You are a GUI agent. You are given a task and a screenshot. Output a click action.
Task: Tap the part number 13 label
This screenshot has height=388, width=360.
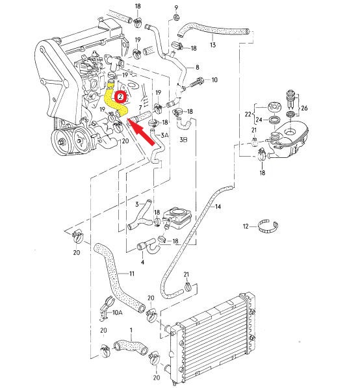pyautogui.click(x=212, y=45)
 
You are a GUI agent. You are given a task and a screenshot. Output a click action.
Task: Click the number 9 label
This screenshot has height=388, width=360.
pyautogui.click(x=176, y=8)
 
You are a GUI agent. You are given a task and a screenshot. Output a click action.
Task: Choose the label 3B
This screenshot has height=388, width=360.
pyautogui.click(x=183, y=140)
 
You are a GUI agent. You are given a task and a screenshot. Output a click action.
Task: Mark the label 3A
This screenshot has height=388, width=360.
pyautogui.click(x=164, y=135)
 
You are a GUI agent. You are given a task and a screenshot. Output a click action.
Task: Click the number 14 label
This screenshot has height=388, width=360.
pyautogui.click(x=218, y=207)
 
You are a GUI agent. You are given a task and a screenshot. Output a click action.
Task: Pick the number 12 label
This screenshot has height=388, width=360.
pyautogui.click(x=246, y=226)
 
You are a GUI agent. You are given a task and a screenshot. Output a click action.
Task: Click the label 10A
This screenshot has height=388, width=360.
pyautogui.click(x=117, y=313)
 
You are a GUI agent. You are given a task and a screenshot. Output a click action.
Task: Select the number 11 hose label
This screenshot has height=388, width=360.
pyautogui.click(x=132, y=274)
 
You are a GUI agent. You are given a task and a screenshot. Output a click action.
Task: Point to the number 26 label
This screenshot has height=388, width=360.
pyautogui.click(x=304, y=108)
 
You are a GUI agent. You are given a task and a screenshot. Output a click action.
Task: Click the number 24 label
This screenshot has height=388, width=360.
pyautogui.click(x=259, y=120)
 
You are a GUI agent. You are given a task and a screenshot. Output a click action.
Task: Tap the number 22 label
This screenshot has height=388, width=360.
pyautogui.click(x=248, y=114)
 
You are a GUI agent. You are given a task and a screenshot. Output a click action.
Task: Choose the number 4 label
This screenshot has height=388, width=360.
pyautogui.click(x=142, y=262)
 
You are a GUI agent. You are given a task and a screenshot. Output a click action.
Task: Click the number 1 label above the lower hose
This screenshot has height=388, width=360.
pyautogui.click(x=131, y=330)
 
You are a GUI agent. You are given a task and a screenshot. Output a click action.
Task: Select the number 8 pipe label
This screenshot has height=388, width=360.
pyautogui.click(x=197, y=67)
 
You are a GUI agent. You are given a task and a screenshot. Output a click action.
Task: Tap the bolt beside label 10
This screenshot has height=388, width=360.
pyautogui.click(x=197, y=82)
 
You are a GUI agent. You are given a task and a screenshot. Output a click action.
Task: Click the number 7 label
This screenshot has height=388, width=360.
pyautogui.click(x=140, y=108)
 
